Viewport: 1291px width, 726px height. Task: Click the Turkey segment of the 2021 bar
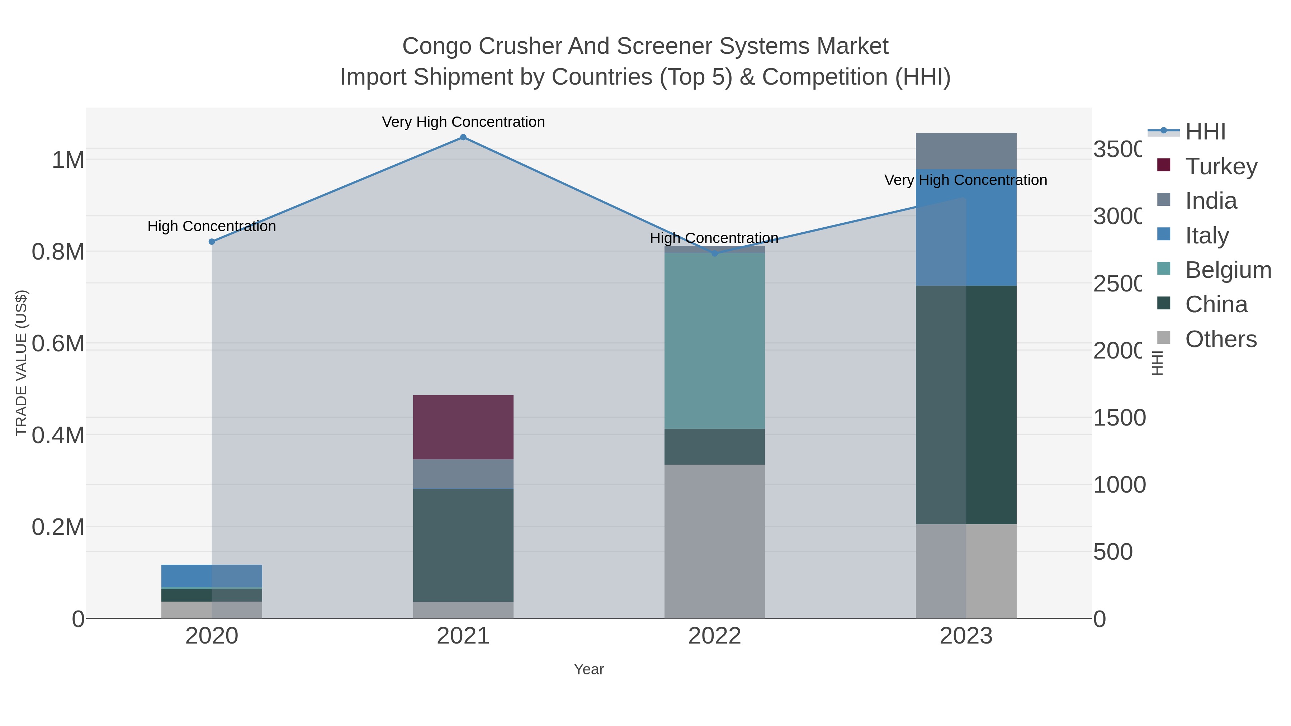(463, 427)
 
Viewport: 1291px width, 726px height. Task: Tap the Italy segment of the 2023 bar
(966, 228)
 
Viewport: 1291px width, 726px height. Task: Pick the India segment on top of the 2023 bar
(966, 151)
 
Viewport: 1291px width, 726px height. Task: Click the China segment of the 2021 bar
(463, 545)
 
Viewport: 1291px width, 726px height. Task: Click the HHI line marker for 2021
(463, 137)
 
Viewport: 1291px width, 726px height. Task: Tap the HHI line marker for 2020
(212, 242)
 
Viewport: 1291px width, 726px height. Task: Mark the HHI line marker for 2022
(715, 253)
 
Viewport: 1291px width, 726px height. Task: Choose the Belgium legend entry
(1228, 270)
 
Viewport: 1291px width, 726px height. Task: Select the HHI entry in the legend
(1205, 132)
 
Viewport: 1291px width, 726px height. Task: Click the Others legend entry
(1220, 339)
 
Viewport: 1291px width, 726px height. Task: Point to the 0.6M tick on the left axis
(58, 344)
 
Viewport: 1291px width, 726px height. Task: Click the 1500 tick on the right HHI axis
(1119, 418)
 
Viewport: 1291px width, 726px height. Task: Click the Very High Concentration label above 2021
(463, 122)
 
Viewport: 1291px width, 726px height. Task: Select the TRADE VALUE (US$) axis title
(21, 363)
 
